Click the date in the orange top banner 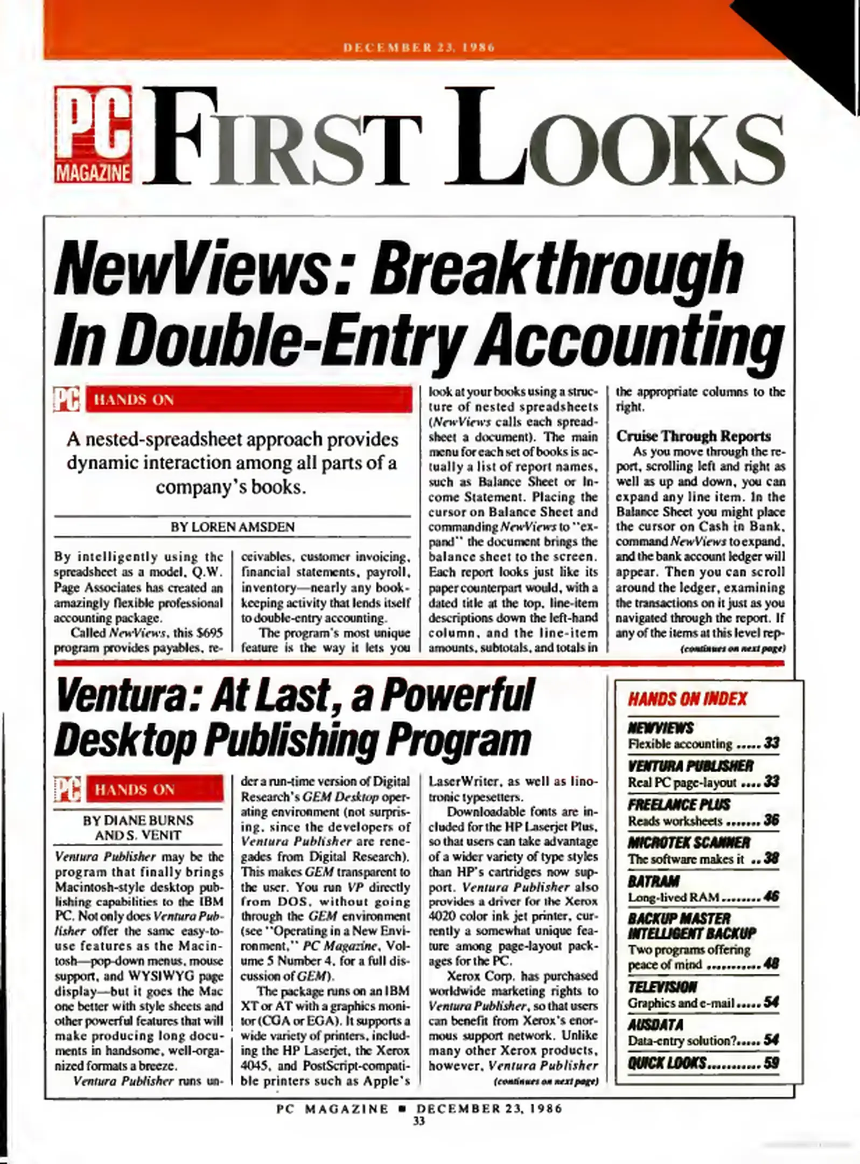[418, 47]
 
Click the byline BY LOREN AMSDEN [233, 527]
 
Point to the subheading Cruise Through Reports [694, 436]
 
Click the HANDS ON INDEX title [687, 699]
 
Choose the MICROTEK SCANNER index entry [689, 843]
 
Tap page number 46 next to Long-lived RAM [771, 897]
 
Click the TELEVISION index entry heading [662, 987]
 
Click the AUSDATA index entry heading [655, 1024]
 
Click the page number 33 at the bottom [418, 1121]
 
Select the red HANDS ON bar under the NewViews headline [249, 400]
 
